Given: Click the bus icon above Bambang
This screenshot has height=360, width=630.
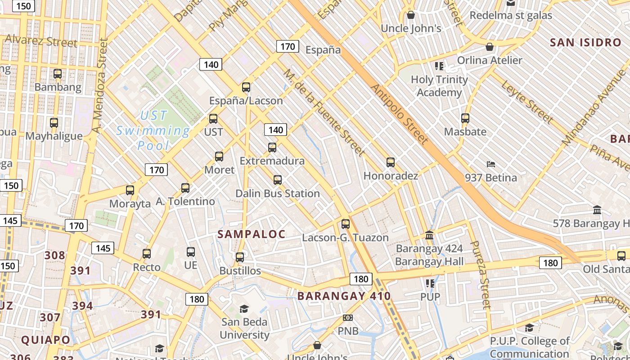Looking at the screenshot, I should [x=58, y=74].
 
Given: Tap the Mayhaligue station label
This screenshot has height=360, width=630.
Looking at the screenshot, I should [x=54, y=136].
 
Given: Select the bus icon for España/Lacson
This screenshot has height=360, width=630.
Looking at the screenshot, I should [x=246, y=87].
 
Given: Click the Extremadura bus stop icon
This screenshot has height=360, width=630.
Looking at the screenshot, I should [x=272, y=148].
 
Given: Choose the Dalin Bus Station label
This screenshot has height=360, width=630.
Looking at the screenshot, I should [x=278, y=193].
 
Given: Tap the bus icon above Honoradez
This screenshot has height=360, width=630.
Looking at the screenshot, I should [x=391, y=162].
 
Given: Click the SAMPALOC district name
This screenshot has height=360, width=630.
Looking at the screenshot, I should [x=252, y=234].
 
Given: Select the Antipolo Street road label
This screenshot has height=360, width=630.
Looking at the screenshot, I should [x=399, y=114].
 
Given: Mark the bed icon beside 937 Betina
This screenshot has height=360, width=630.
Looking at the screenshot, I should [x=491, y=165].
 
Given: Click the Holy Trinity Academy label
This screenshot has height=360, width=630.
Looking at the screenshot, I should [x=439, y=86].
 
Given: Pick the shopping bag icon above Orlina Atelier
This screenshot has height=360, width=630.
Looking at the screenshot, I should [x=490, y=47].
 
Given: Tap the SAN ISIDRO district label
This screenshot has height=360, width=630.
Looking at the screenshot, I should [x=585, y=43].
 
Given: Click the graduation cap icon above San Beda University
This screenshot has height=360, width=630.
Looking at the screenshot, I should [x=244, y=309].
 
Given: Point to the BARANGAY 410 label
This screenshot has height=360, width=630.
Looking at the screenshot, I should [x=344, y=296].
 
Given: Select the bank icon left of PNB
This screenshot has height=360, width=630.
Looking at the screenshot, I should [x=347, y=318].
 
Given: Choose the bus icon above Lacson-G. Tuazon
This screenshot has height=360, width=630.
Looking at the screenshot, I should [x=346, y=224].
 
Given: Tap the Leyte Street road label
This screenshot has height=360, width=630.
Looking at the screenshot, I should [x=527, y=102].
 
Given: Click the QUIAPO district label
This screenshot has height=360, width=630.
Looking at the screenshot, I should [x=46, y=340].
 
